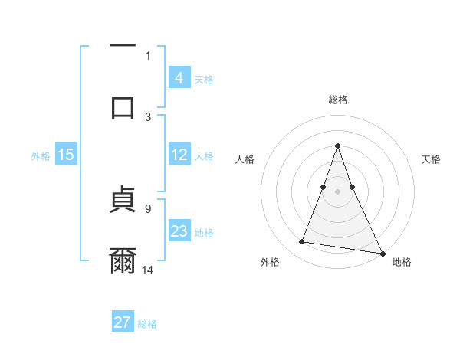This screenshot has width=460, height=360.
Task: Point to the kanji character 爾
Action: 123,260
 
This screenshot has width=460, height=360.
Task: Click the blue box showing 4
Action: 179,77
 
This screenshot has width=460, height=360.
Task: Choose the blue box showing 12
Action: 179,155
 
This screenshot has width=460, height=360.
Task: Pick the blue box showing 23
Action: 179,231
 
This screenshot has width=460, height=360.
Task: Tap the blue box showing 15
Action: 66,155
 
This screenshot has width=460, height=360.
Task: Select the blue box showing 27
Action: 123,322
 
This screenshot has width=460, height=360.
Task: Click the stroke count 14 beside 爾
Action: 148,270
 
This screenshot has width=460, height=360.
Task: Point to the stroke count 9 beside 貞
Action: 148,207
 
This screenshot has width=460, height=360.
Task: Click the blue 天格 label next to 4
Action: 204,79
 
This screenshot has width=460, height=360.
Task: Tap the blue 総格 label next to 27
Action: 147,324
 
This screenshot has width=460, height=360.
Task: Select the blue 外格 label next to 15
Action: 41,156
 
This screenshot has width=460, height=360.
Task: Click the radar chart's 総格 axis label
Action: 337,100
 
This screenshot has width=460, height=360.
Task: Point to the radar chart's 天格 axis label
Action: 432,159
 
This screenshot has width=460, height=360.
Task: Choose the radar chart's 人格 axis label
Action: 245,159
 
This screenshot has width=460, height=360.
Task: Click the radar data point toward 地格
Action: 381,252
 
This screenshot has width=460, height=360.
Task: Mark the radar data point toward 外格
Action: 301,242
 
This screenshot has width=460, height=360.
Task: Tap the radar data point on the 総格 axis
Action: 337,146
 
